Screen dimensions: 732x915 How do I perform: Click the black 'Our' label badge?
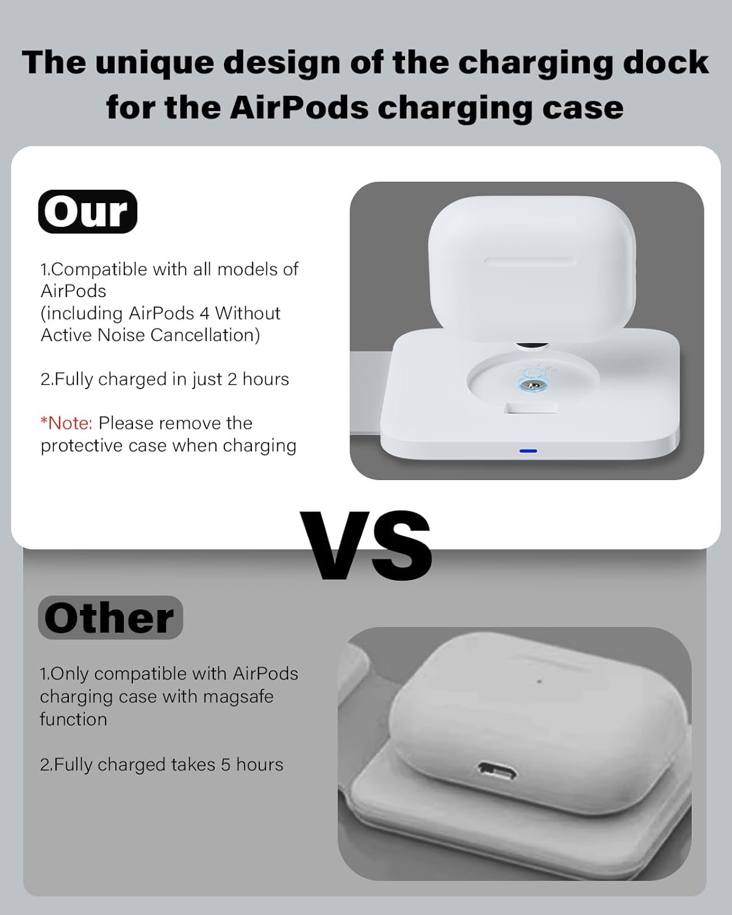[88, 211]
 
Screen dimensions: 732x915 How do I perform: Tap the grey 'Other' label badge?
[110, 617]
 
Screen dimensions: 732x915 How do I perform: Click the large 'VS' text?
[366, 545]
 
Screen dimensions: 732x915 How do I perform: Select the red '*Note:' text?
[66, 423]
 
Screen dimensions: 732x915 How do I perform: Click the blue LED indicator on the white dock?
[528, 451]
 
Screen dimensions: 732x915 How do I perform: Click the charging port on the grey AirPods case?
[497, 771]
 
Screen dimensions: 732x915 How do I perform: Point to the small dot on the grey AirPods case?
[539, 681]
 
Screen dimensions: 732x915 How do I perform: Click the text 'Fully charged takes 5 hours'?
[168, 764]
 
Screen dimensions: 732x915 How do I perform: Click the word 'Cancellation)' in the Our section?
[205, 335]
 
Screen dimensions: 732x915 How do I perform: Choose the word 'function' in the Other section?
[73, 719]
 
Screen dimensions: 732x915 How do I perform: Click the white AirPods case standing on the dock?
[532, 269]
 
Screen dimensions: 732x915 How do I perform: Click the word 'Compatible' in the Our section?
[99, 270]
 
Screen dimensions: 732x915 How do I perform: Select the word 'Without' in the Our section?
[248, 314]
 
